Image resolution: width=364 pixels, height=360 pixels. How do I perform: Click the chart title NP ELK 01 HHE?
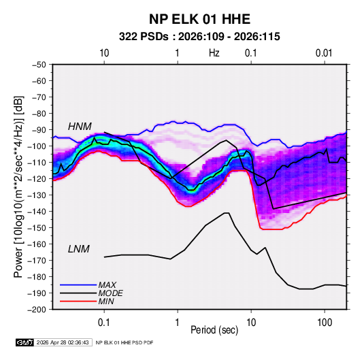coord(199,19)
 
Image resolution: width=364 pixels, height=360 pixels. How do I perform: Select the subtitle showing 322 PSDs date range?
coord(199,37)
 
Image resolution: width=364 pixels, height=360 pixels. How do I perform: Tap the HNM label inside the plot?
coord(80,127)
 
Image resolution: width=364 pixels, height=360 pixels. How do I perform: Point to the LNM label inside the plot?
coord(78,249)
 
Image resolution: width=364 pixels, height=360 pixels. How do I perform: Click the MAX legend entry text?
coord(107,285)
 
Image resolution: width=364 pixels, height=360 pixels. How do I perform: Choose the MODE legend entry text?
coord(110,293)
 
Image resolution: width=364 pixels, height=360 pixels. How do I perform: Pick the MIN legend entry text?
coord(106,301)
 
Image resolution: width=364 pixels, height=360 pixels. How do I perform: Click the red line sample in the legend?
coord(78,301)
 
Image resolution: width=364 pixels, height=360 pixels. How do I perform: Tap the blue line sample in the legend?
coord(78,285)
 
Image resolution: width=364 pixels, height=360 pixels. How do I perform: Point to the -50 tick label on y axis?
coord(39,65)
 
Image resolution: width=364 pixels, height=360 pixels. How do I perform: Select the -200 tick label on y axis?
coord(37,310)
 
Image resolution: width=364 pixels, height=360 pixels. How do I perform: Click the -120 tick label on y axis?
coord(37,179)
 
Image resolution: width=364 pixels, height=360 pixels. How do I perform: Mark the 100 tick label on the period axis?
coord(325,323)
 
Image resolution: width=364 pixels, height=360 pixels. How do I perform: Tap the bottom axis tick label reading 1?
coord(178,323)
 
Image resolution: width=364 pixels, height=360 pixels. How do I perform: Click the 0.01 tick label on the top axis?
coord(324,53)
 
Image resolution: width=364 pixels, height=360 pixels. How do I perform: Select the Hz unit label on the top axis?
coord(214,53)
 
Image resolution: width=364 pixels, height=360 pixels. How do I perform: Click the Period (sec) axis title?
coord(214,330)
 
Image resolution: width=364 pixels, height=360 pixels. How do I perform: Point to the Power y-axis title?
coord(19,186)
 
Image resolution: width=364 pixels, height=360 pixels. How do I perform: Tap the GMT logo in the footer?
coord(25,342)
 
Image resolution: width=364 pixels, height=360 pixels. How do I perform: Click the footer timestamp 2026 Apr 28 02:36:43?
coord(63,342)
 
